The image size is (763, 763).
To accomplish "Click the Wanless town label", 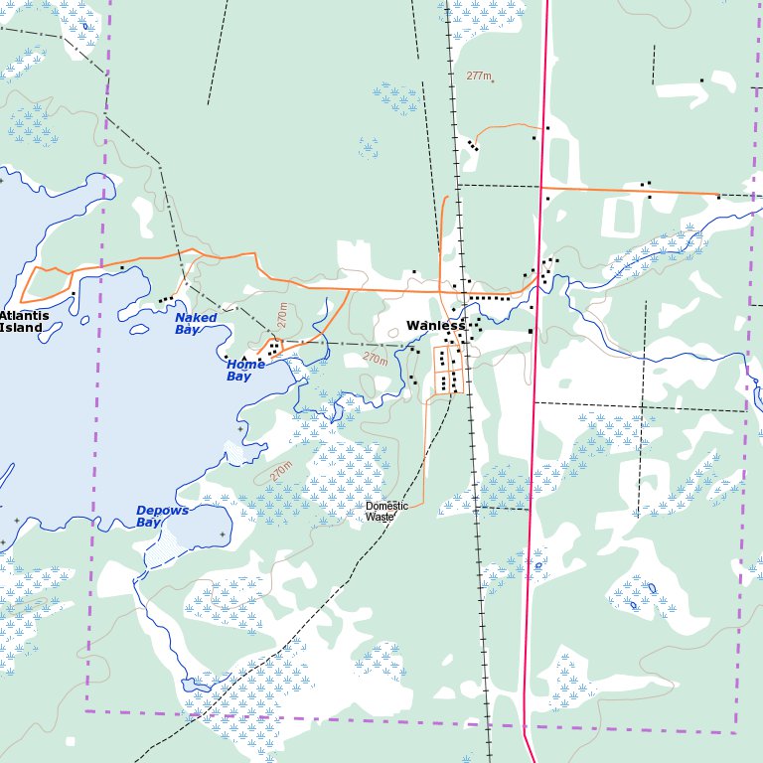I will point(435,326).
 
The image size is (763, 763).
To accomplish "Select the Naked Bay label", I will point(196,324).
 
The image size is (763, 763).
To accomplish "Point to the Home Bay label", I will point(245,371).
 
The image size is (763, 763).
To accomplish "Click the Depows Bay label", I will point(162,517).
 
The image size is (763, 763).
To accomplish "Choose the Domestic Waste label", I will point(386,512).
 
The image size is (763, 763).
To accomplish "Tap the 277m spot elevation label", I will point(479,76).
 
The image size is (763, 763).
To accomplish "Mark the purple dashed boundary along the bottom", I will point(397,721).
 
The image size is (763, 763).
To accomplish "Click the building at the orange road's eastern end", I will point(718,197).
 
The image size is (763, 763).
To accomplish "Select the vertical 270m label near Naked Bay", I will point(283,316).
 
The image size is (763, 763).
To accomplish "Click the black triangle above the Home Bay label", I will point(244,358).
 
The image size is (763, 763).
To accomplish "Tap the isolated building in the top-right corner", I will point(701,80).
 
